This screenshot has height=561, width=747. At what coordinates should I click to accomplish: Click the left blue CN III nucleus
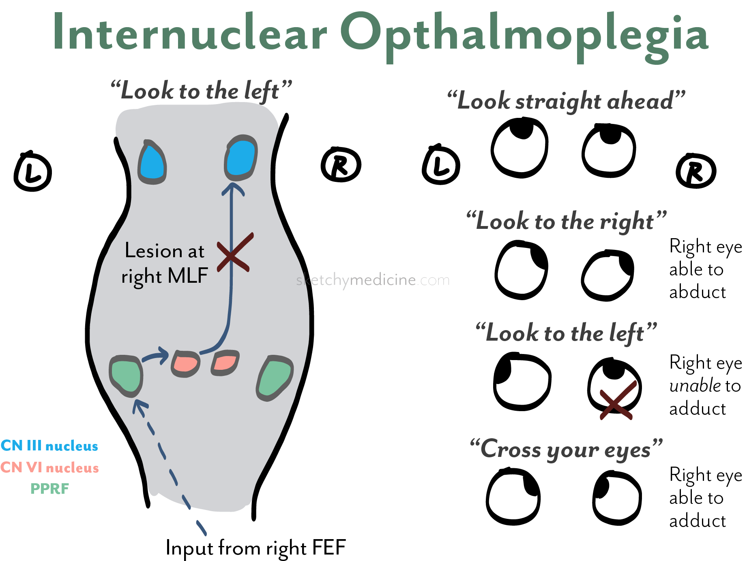click(152, 163)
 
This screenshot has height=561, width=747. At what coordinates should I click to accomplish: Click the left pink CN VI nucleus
click(186, 363)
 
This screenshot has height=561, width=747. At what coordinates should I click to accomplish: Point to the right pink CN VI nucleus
click(225, 362)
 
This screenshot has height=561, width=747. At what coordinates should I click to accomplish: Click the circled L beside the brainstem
click(33, 171)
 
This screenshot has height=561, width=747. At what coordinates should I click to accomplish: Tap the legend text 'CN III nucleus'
click(49, 446)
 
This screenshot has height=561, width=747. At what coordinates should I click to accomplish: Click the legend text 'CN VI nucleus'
click(49, 467)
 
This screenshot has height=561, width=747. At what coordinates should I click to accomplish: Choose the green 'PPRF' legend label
click(49, 489)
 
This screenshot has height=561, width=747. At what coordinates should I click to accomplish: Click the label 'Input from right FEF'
click(255, 548)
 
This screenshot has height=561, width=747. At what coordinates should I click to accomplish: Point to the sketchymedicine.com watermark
click(373, 280)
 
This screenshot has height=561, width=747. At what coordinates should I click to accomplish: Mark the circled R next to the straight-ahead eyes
click(696, 171)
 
